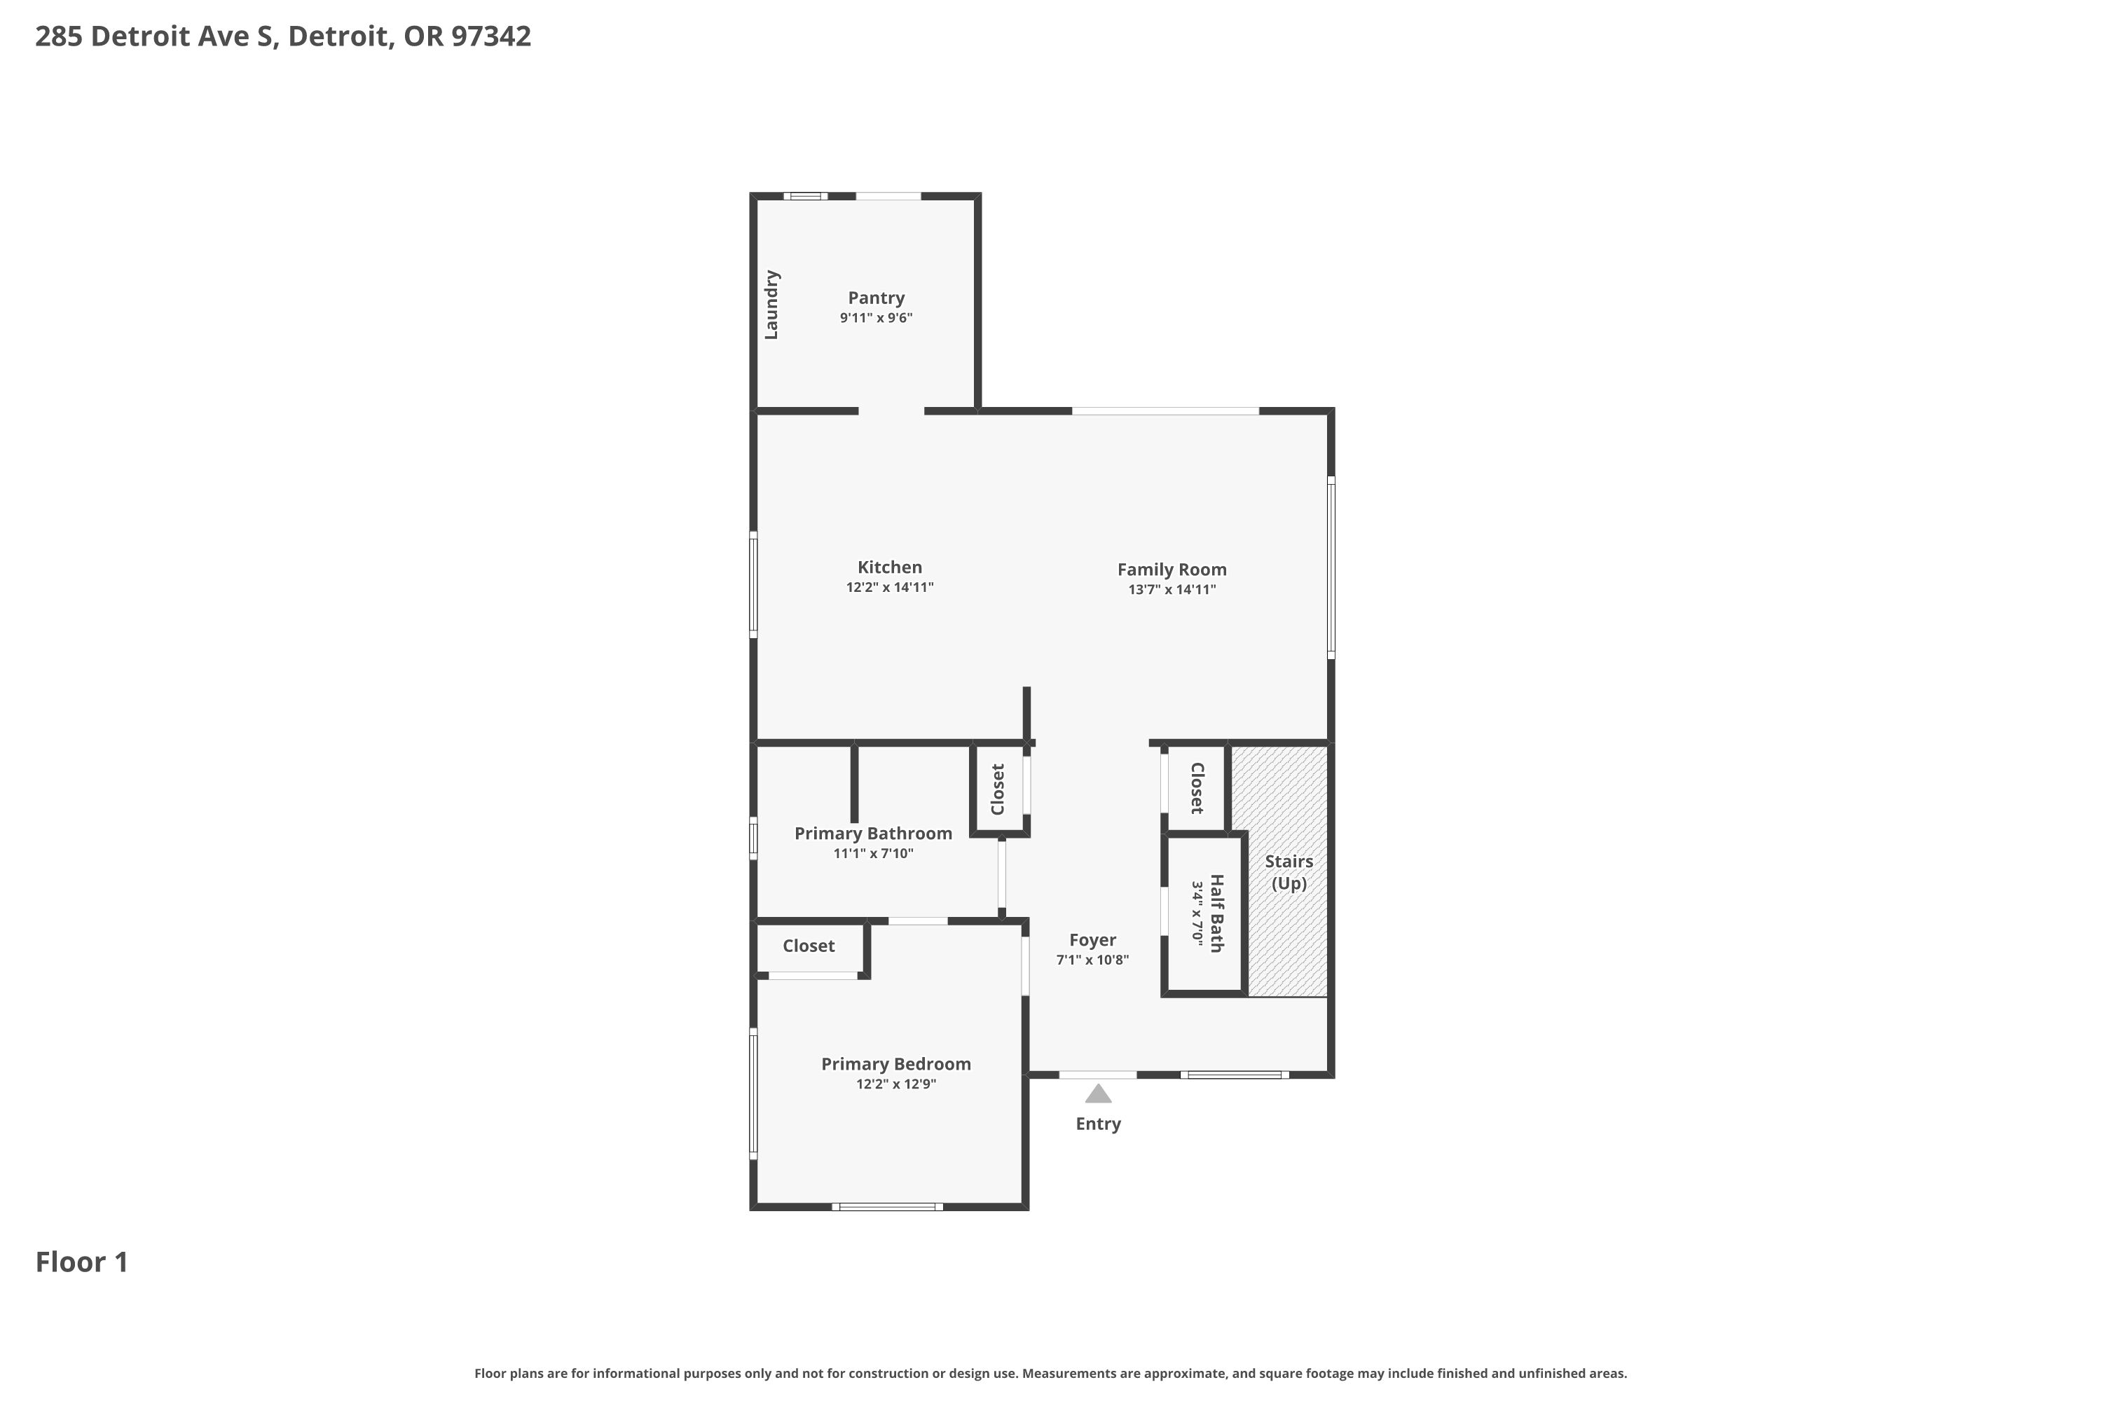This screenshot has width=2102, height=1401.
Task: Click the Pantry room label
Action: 876,298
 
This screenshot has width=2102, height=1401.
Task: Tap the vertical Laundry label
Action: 771,305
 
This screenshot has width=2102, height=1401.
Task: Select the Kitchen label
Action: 889,567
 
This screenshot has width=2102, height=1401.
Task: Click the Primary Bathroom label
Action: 873,834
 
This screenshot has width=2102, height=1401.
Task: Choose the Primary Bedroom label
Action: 895,1064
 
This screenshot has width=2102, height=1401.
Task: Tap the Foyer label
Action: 1092,940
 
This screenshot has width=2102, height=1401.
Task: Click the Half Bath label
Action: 1216,913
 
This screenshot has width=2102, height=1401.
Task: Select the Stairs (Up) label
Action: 1289,872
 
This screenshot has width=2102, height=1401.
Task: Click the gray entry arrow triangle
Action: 1099,1093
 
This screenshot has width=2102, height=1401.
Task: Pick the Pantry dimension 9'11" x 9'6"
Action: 876,318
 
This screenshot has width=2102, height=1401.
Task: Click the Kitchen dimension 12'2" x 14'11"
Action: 889,588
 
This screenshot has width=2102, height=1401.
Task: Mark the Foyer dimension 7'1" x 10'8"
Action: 1092,960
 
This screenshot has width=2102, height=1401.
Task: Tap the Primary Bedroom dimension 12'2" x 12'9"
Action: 895,1084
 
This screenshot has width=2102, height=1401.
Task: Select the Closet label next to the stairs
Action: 1197,788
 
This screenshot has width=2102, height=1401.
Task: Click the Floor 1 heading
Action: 82,1262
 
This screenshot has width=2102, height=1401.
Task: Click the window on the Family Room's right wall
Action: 1331,568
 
